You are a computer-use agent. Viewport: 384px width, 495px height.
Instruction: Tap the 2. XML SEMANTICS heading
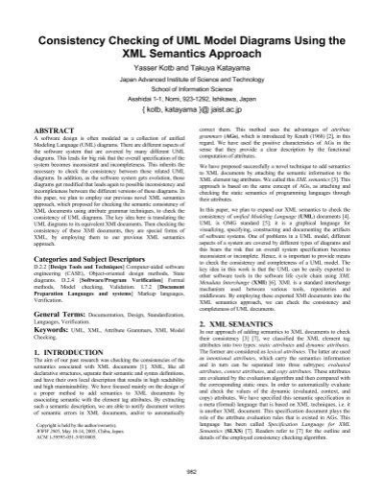[241, 351]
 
